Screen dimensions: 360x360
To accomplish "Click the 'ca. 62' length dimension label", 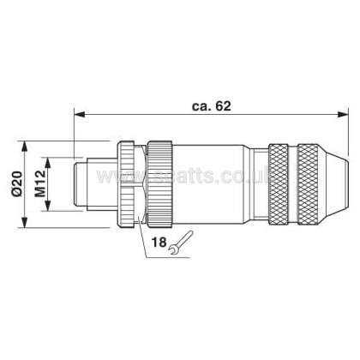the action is [x=211, y=106].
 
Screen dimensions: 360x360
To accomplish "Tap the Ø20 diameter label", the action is [x=17, y=183].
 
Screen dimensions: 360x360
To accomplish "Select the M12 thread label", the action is [x=40, y=183].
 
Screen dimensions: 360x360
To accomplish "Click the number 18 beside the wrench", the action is [x=159, y=243].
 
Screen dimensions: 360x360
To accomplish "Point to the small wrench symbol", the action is [x=181, y=243].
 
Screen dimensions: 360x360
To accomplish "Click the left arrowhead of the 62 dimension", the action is [x=80, y=114].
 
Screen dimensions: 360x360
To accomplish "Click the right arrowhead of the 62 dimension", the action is [x=343, y=114].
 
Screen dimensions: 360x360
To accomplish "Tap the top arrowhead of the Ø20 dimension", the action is [x=25, y=147].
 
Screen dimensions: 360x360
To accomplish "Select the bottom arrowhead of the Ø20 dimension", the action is [x=25, y=223].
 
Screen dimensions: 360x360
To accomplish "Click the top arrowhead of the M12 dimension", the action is [x=48, y=163].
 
